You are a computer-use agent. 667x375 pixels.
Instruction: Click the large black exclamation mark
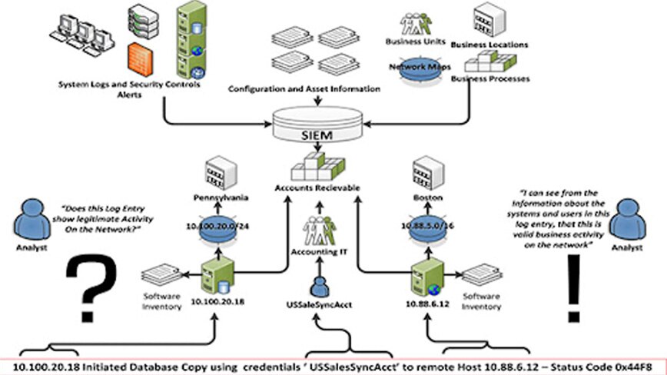tap(570, 289)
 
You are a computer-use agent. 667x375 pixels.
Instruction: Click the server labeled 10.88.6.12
tap(424, 281)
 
